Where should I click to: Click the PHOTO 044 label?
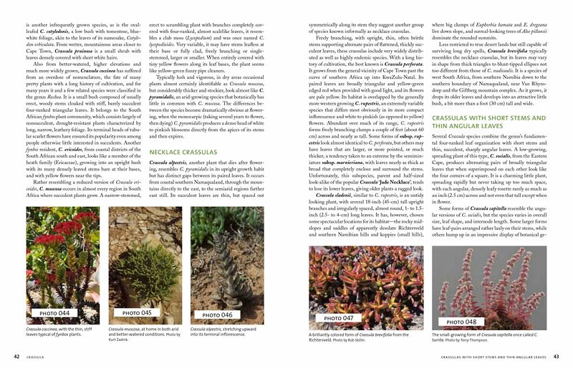(54, 314)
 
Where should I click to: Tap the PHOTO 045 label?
(137, 313)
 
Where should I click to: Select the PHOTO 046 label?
(218, 314)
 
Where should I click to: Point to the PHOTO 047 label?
(339, 318)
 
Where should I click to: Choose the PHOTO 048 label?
(461, 322)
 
